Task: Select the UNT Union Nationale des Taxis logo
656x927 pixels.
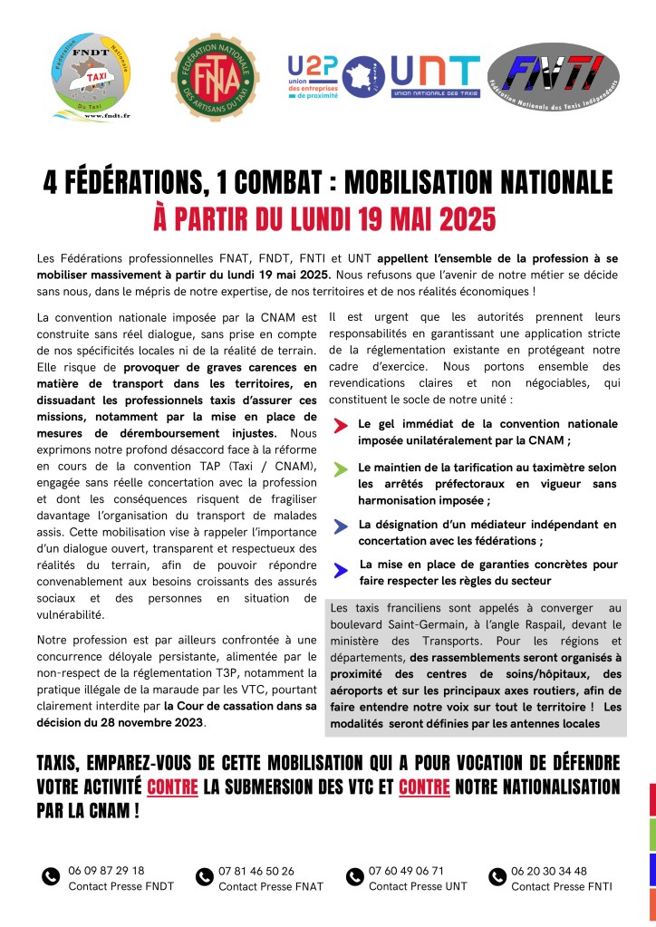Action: pyautogui.click(x=435, y=76)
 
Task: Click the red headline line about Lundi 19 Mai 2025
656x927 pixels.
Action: pyautogui.click(x=327, y=218)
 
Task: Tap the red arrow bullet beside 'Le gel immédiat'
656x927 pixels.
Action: pyautogui.click(x=340, y=425)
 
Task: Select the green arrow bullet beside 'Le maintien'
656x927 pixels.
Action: pyautogui.click(x=340, y=468)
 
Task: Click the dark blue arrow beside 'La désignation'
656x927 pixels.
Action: pyautogui.click(x=340, y=526)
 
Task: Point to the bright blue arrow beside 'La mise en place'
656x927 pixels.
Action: pyautogui.click(x=340, y=569)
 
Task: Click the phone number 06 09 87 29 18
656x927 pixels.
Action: pyautogui.click(x=106, y=870)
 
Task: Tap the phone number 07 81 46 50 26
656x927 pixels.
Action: pyautogui.click(x=256, y=870)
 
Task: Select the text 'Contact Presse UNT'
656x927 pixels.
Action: pyautogui.click(x=419, y=886)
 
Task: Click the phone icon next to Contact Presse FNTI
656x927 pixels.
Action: pyautogui.click(x=497, y=876)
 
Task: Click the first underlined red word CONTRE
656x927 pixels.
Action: pyautogui.click(x=172, y=787)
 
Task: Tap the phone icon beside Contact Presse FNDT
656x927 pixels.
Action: pyautogui.click(x=51, y=876)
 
